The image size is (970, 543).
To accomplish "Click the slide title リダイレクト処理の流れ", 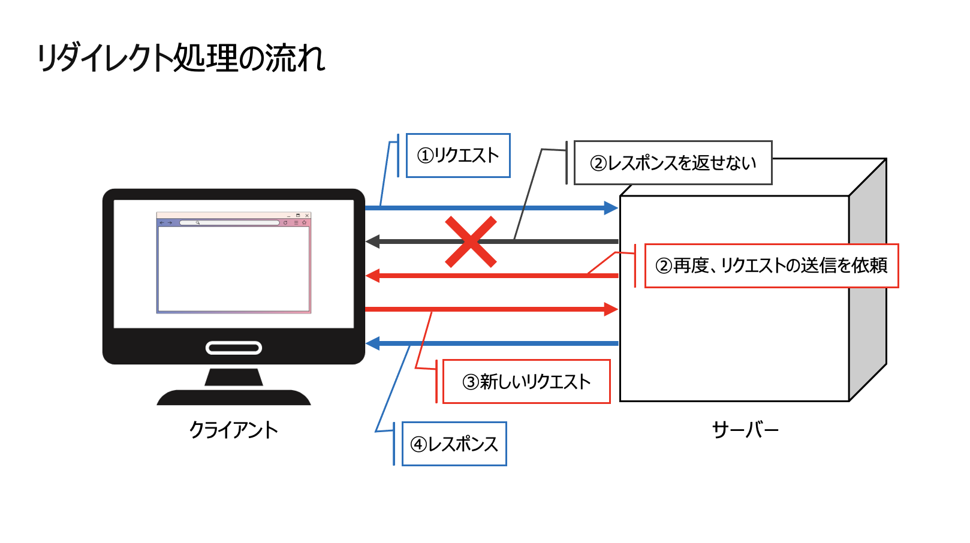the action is pos(181,58).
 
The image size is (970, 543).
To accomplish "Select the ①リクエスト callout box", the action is pos(458,155).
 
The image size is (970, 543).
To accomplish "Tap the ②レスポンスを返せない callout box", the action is pos(673,163).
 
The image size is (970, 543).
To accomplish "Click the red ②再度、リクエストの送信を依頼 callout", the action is pos(772,266).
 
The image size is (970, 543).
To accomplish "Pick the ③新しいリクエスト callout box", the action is pos(526,382).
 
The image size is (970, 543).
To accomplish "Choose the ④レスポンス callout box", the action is pos(454,444).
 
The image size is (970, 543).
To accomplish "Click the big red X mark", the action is pos(471,242).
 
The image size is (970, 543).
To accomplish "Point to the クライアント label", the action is pos(234,430).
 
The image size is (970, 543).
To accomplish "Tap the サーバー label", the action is pos(745,430).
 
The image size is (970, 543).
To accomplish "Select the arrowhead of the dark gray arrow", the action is pos(372,242).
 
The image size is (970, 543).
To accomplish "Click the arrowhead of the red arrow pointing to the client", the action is pos(372,276).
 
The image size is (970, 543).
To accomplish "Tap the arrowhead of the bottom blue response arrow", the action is pos(372,343).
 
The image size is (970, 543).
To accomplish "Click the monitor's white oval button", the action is pos(234,348).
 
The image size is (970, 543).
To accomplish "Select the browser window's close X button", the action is pos(307,215).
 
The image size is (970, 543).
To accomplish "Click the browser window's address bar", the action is pos(230,222).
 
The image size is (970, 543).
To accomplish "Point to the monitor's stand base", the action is pos(234,397).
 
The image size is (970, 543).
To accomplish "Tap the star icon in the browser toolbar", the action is pos(305,222).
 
